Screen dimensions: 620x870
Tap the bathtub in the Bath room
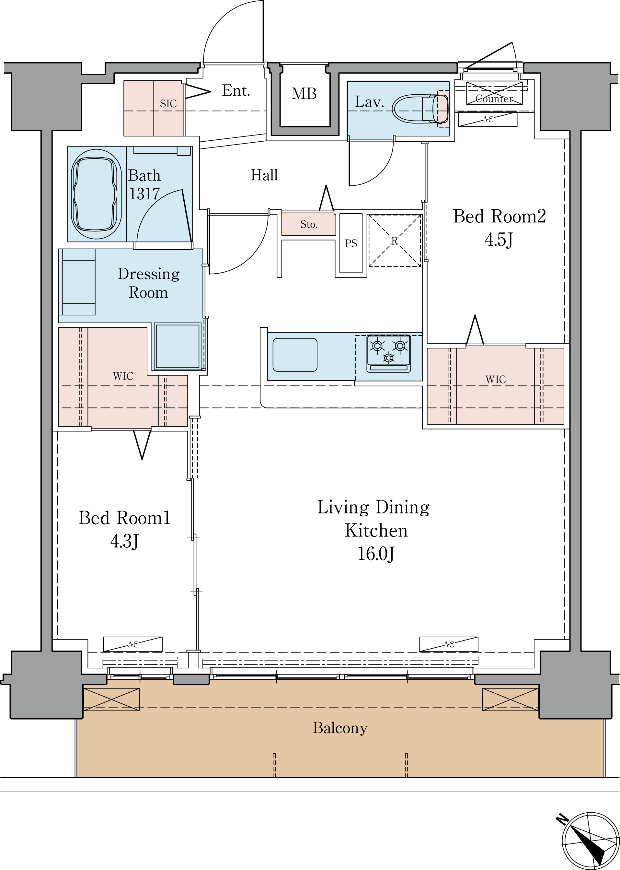click(x=96, y=194)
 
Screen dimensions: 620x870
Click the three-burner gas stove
click(x=389, y=353)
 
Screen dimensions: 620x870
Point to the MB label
click(x=304, y=94)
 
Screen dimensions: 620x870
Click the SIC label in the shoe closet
click(x=168, y=103)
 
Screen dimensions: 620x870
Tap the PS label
click(x=351, y=243)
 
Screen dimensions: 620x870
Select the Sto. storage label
click(x=308, y=224)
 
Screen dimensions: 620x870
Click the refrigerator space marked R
click(x=394, y=241)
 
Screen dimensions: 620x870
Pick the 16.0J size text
click(x=376, y=554)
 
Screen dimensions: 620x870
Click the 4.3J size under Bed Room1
click(x=124, y=541)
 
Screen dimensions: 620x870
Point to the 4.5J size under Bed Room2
click(x=499, y=240)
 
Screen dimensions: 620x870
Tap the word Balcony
click(x=340, y=728)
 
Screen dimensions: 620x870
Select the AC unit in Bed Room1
click(x=133, y=644)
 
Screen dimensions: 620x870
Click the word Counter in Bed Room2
click(x=494, y=99)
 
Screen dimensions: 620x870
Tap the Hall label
click(x=264, y=175)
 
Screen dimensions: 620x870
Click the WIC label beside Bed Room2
click(x=496, y=379)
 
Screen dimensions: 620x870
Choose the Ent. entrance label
click(x=236, y=90)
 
